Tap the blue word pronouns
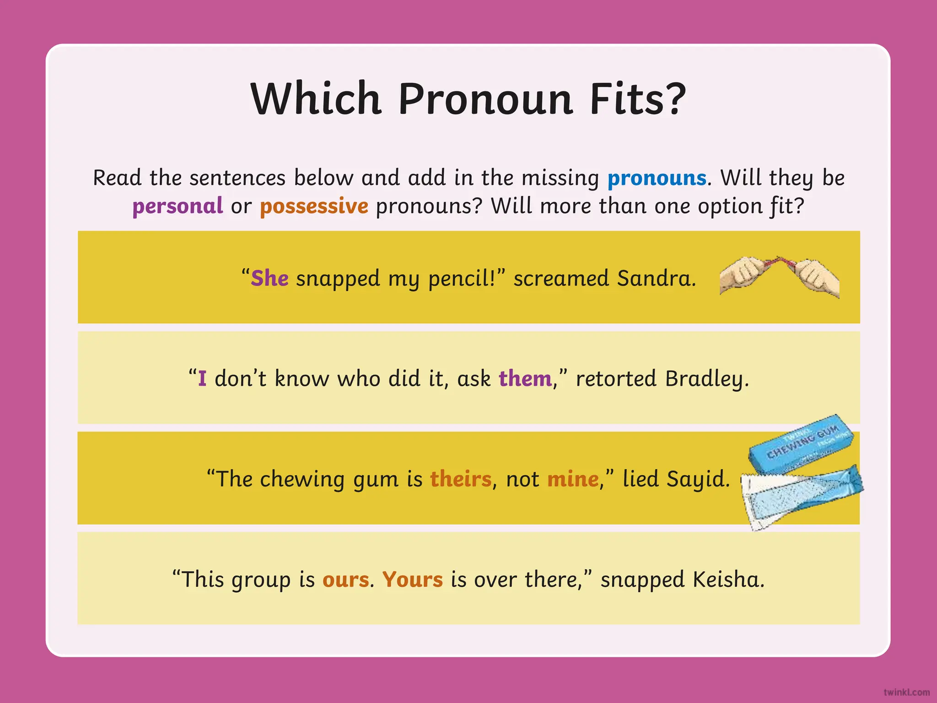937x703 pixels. click(657, 178)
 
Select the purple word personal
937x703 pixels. click(178, 206)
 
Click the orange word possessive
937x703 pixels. click(314, 206)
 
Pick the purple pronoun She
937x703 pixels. click(269, 278)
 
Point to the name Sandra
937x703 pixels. click(656, 278)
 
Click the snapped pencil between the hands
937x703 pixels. click(779, 264)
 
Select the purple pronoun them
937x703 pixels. click(525, 379)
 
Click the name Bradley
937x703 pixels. click(707, 379)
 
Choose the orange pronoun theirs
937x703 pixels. click(461, 479)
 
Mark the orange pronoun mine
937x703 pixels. click(573, 479)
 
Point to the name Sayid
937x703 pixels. click(697, 479)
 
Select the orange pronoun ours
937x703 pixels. click(345, 579)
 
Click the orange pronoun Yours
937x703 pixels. click(412, 579)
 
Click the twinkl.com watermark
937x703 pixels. click(906, 692)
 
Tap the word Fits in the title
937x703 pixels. click(638, 99)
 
